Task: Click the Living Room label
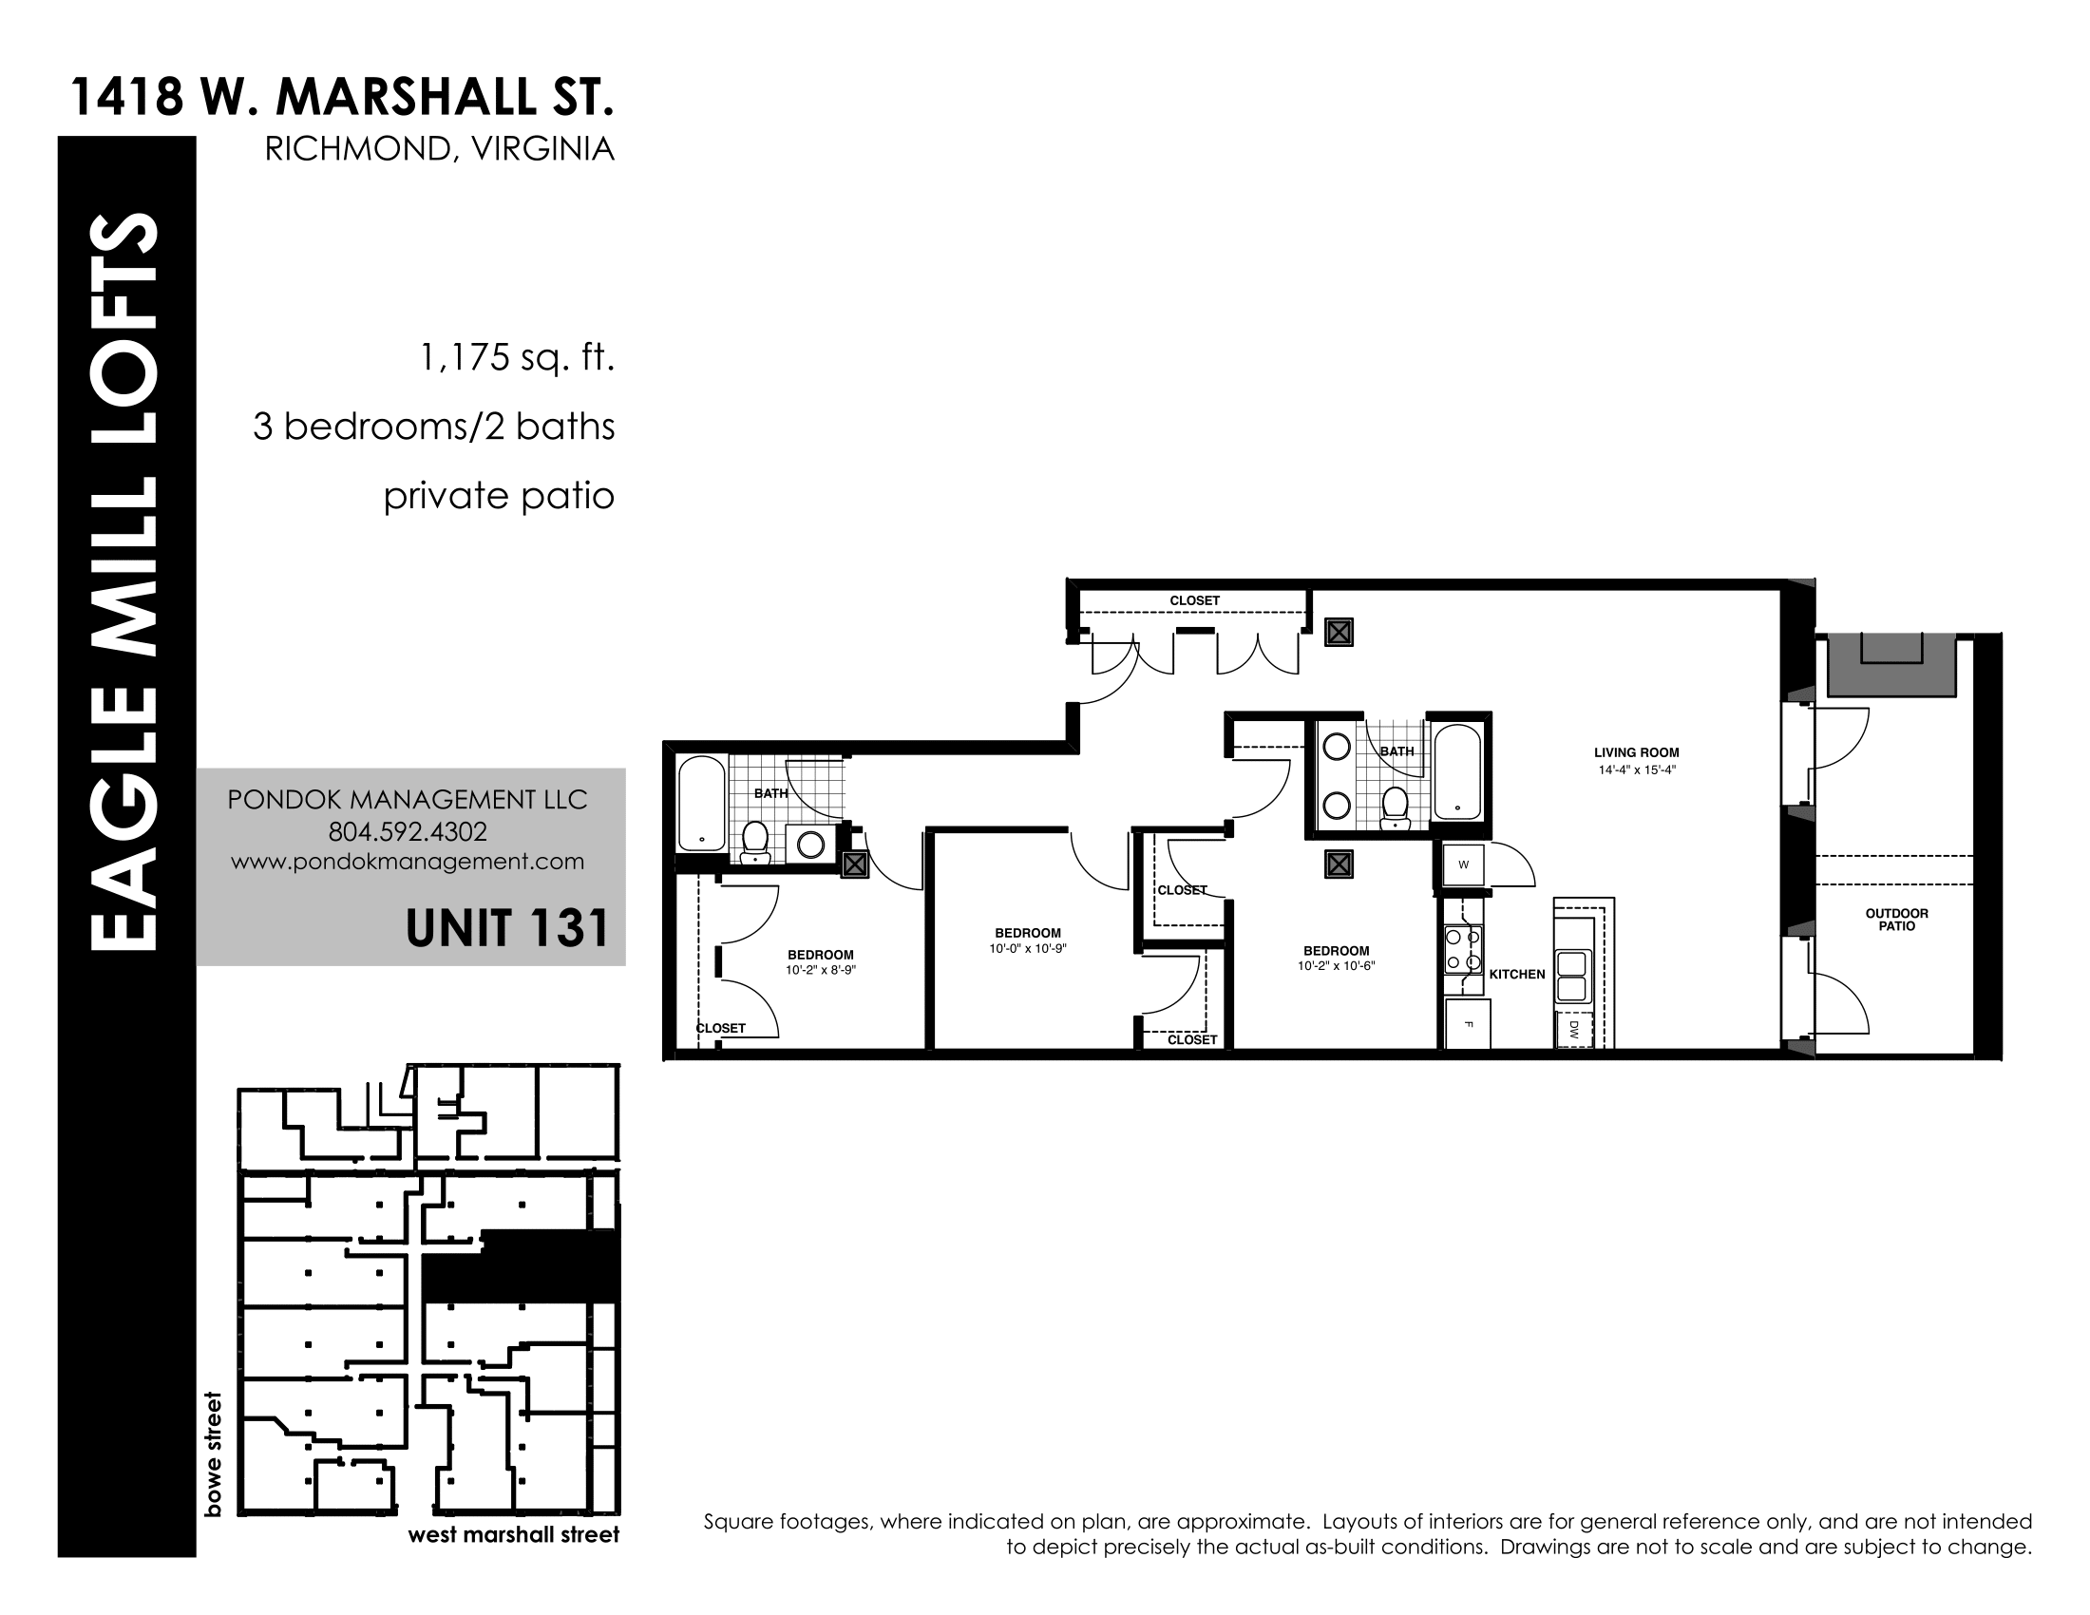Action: pyautogui.click(x=1637, y=753)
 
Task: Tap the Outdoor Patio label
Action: pyautogui.click(x=1897, y=920)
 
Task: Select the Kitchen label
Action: pyautogui.click(x=1517, y=974)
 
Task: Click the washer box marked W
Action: pyautogui.click(x=1463, y=864)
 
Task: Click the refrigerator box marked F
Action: pyautogui.click(x=1468, y=1025)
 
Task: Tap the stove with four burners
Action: pyautogui.click(x=1464, y=949)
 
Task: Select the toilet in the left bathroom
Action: pyautogui.click(x=756, y=842)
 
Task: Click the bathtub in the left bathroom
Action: pyautogui.click(x=702, y=804)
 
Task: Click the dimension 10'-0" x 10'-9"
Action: pyautogui.click(x=1028, y=949)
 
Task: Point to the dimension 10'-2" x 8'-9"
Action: pyautogui.click(x=821, y=970)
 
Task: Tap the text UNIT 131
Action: pyautogui.click(x=507, y=928)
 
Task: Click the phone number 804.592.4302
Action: pyautogui.click(x=408, y=831)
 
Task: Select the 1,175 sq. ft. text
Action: pyautogui.click(x=517, y=359)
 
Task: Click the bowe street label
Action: pyautogui.click(x=213, y=1454)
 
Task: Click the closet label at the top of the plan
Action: pyautogui.click(x=1194, y=600)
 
